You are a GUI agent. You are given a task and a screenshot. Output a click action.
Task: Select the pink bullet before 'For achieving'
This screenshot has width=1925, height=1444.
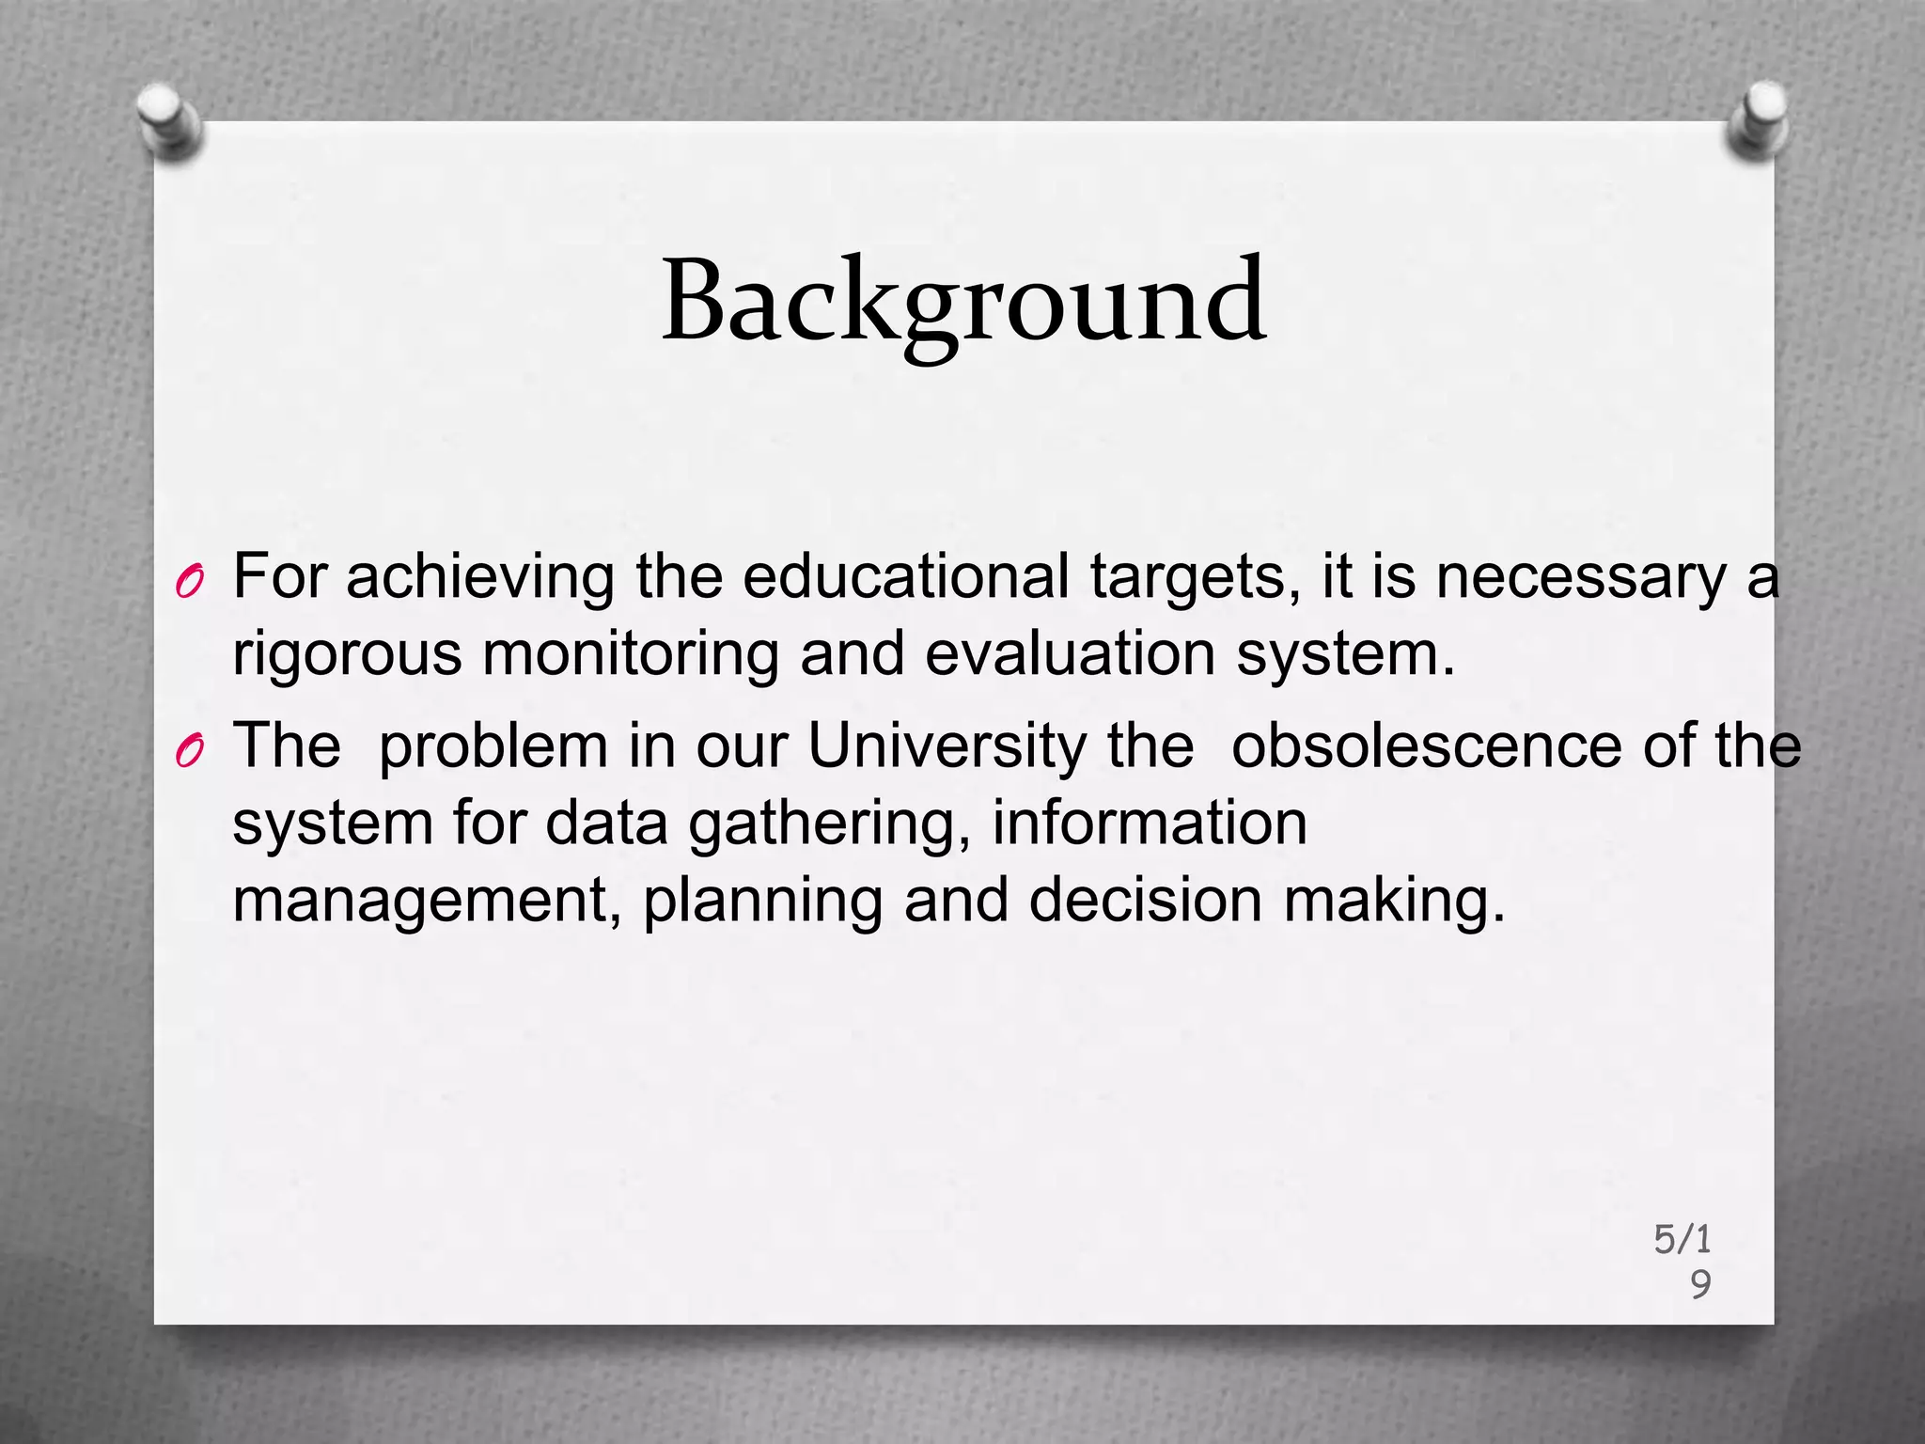(189, 584)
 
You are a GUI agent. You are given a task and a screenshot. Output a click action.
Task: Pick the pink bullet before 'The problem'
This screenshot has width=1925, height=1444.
(189, 752)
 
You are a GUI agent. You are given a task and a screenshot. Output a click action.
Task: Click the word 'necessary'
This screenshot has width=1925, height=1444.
(1580, 577)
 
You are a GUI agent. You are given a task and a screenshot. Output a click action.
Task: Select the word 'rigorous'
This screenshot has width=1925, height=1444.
(347, 654)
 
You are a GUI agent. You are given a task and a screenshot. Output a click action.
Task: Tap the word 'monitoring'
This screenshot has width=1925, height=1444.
(631, 654)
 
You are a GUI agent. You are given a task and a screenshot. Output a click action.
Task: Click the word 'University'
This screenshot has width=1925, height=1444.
(947, 746)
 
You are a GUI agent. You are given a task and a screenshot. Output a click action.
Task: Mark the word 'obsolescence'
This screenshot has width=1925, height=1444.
(1426, 745)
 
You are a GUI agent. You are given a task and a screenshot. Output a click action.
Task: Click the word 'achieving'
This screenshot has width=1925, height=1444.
(479, 577)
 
